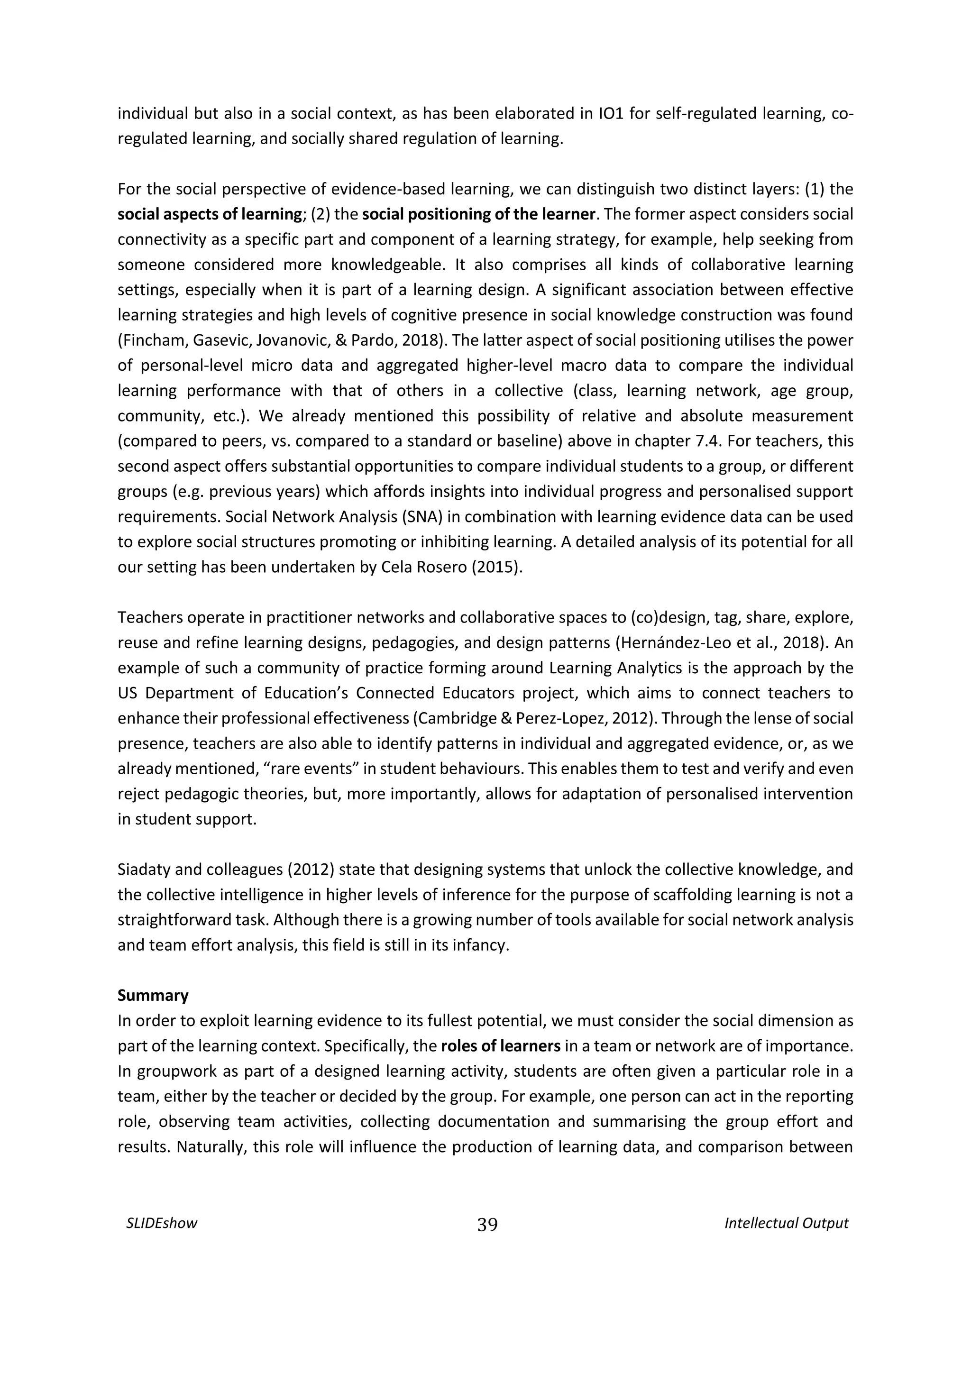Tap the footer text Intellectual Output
click(x=786, y=1223)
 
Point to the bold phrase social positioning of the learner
click(x=478, y=214)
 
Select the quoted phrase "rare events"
click(x=311, y=769)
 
